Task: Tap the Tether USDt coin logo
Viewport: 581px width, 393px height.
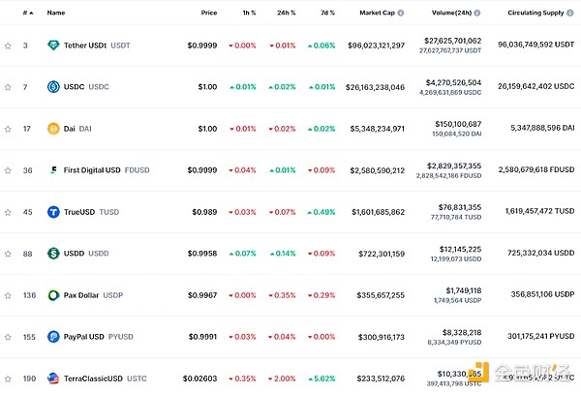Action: pos(53,45)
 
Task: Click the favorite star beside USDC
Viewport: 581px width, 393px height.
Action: pos(8,87)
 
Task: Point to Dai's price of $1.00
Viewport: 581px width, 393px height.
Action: pos(207,129)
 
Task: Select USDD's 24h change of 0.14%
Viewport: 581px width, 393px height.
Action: pos(284,254)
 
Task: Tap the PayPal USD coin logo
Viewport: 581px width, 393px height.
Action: pos(53,337)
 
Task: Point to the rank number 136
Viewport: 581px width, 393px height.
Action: pos(27,295)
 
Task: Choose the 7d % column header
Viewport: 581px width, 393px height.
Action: pos(328,13)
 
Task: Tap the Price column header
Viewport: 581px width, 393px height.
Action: pos(209,13)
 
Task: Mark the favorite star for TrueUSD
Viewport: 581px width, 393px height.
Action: pos(8,212)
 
